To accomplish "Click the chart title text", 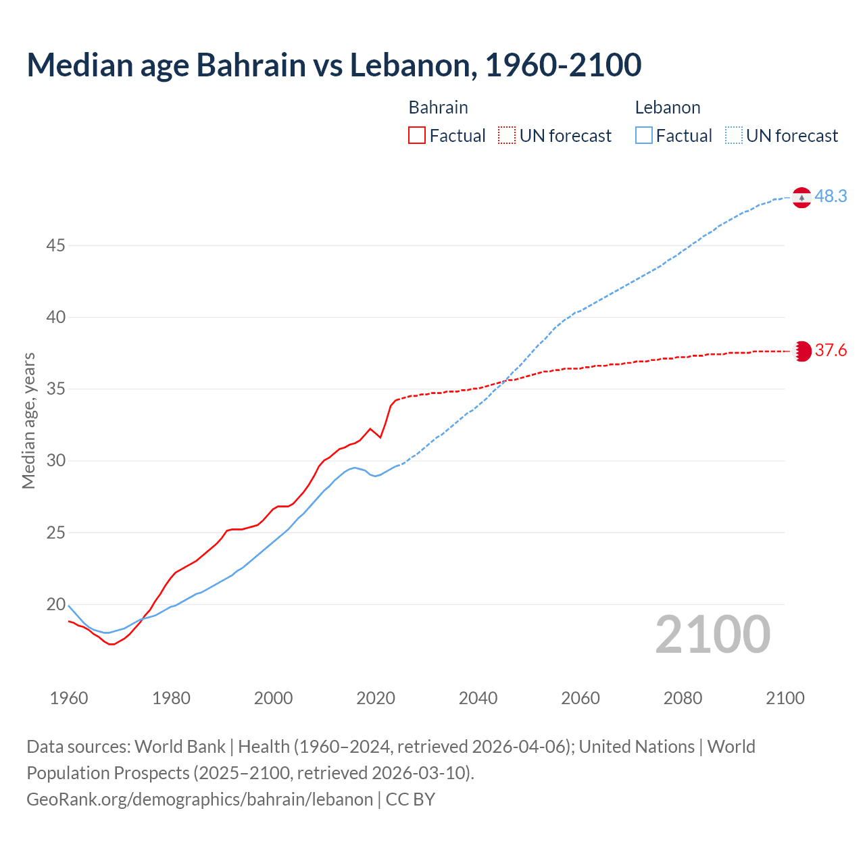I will coord(334,65).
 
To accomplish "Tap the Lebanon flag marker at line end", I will coord(801,198).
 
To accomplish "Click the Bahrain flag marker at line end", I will coord(802,351).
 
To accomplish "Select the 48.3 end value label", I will coord(831,197).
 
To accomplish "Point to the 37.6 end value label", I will coord(831,351).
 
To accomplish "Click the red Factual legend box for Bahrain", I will coord(417,135).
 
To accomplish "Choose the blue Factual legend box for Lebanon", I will coord(643,135).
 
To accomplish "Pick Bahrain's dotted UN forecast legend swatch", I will coord(507,135).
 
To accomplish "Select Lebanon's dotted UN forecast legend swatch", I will coord(734,135).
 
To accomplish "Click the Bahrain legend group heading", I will coord(438,107).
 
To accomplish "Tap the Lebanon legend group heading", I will coord(667,107).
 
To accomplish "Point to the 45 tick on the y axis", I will coord(55,245).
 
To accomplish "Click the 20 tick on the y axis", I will coord(55,604).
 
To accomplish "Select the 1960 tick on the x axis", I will coord(69,698).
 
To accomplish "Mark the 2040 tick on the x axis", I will coord(478,698).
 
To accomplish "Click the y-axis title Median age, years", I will coord(28,420).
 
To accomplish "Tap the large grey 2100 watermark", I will coord(712,634).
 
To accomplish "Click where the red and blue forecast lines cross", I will coord(504,381).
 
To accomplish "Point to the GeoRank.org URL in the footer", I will coord(199,799).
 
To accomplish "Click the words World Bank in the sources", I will coord(180,747).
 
